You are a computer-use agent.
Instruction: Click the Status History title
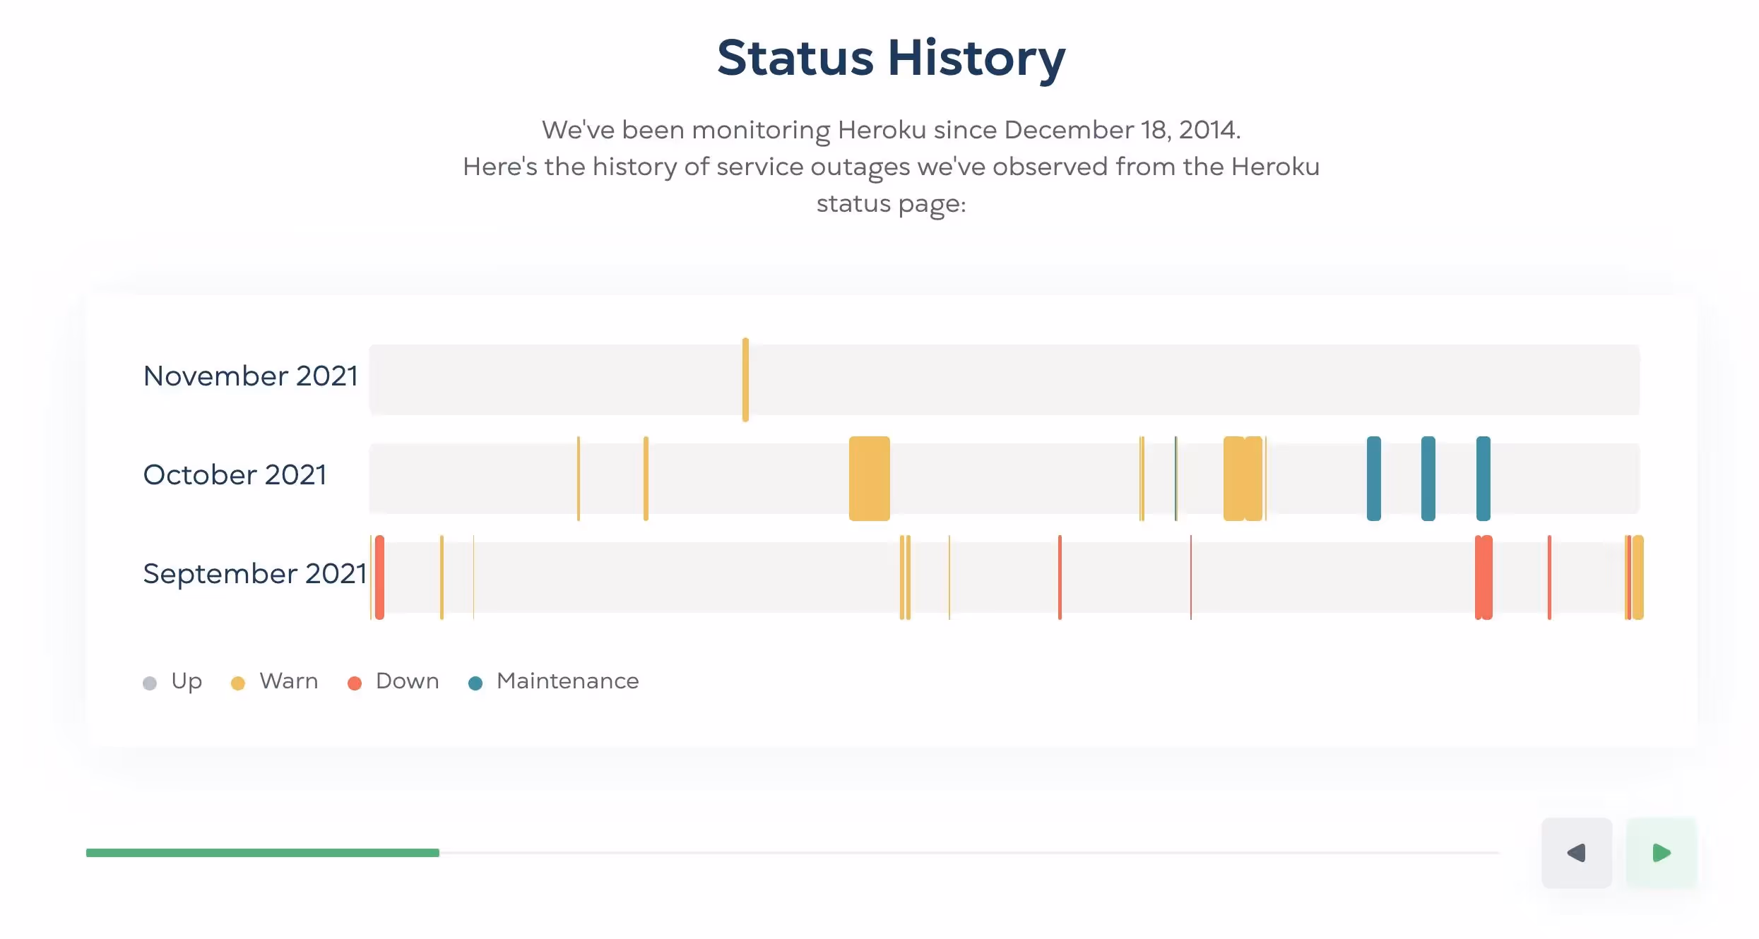[891, 58]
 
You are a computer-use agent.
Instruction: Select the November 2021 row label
[251, 376]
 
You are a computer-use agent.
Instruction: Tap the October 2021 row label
[235, 475]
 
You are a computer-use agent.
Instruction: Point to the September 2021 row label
[254, 574]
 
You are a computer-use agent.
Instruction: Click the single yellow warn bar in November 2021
[745, 380]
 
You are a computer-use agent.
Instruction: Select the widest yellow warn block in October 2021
[869, 479]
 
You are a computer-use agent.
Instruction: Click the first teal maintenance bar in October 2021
[1373, 479]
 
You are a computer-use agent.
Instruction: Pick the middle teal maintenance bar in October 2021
[1428, 479]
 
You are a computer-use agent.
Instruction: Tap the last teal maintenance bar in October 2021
[1483, 479]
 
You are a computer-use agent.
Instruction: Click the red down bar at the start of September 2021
[379, 578]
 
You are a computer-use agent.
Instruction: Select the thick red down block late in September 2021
[1483, 578]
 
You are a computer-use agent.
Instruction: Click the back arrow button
[1576, 853]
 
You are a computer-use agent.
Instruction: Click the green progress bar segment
[262, 853]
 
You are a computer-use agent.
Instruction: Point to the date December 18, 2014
[1122, 130]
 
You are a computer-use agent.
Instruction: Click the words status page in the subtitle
[890, 203]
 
